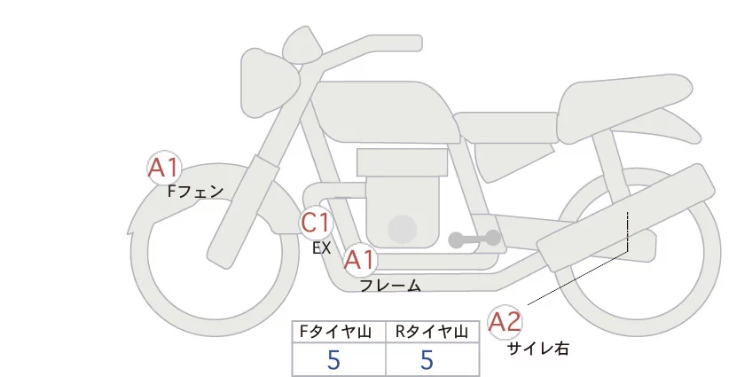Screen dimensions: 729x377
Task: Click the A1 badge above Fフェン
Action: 164,168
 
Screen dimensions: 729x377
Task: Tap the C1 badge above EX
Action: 315,222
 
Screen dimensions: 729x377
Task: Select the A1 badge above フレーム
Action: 360,260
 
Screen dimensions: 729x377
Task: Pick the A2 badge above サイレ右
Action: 506,322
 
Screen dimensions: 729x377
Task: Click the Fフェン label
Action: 195,191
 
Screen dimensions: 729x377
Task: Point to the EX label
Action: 321,248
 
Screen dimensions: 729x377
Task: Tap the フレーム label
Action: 390,286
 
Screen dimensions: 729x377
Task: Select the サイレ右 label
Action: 538,349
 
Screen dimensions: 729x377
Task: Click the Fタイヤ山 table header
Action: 339,332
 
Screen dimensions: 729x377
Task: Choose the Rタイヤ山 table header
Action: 433,332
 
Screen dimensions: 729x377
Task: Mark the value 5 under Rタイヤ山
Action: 427,359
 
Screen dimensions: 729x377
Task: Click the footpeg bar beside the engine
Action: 474,239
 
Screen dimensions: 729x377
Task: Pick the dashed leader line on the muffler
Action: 627,232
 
